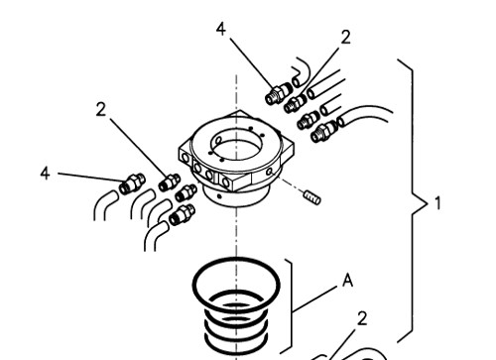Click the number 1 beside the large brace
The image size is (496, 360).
437,203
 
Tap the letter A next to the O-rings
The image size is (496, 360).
347,281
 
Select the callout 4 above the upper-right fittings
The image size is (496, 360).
221,29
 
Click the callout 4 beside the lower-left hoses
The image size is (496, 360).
46,174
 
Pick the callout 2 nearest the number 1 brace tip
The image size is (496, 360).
362,318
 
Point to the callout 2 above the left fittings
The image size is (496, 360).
101,109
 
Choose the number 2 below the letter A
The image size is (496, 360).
362,318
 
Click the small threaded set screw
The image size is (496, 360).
312,197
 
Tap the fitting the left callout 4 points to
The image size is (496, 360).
132,183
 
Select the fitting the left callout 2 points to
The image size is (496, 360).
170,182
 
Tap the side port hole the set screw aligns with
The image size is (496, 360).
270,172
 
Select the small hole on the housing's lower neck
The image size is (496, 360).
219,196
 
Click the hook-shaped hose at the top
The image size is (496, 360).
302,72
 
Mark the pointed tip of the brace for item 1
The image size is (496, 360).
427,203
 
